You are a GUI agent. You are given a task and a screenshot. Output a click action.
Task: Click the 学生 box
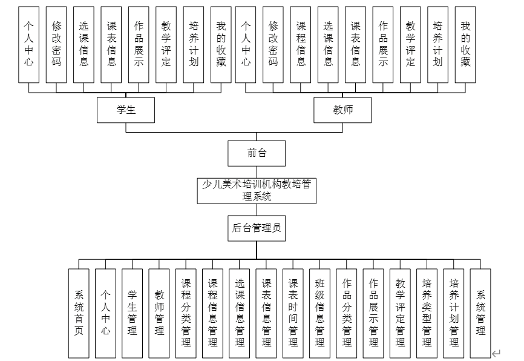(126, 110)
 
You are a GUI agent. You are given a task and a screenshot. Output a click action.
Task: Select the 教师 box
(342, 110)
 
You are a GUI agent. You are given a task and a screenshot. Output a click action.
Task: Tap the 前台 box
(257, 153)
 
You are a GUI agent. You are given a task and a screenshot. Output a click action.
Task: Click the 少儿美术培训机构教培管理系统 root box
(257, 190)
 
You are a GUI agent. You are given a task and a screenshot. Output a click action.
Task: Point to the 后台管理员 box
(257, 228)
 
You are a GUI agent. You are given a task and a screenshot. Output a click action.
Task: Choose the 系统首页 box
(79, 313)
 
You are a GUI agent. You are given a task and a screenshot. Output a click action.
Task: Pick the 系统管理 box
(480, 313)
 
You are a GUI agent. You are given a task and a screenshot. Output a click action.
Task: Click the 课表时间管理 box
(293, 313)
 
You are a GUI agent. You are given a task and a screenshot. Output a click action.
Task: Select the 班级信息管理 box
(319, 313)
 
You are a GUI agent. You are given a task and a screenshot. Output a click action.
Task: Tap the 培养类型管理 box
(427, 313)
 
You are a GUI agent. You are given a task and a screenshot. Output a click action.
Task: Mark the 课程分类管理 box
(186, 313)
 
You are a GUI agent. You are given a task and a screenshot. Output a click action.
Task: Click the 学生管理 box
(132, 313)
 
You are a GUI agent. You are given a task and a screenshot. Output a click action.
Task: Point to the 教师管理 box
(159, 313)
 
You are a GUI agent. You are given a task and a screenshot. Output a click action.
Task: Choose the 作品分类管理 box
(347, 313)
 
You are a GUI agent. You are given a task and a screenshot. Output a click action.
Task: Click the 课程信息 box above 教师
(301, 44)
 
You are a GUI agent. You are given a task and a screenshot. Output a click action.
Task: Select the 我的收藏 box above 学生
(221, 44)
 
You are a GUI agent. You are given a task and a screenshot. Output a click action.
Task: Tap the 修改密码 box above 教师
(273, 44)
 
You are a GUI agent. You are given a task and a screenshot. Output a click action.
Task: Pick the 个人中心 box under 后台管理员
(105, 313)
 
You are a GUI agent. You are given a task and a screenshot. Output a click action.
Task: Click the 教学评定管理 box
(400, 313)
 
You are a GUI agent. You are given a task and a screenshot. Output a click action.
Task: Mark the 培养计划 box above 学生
(194, 44)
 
